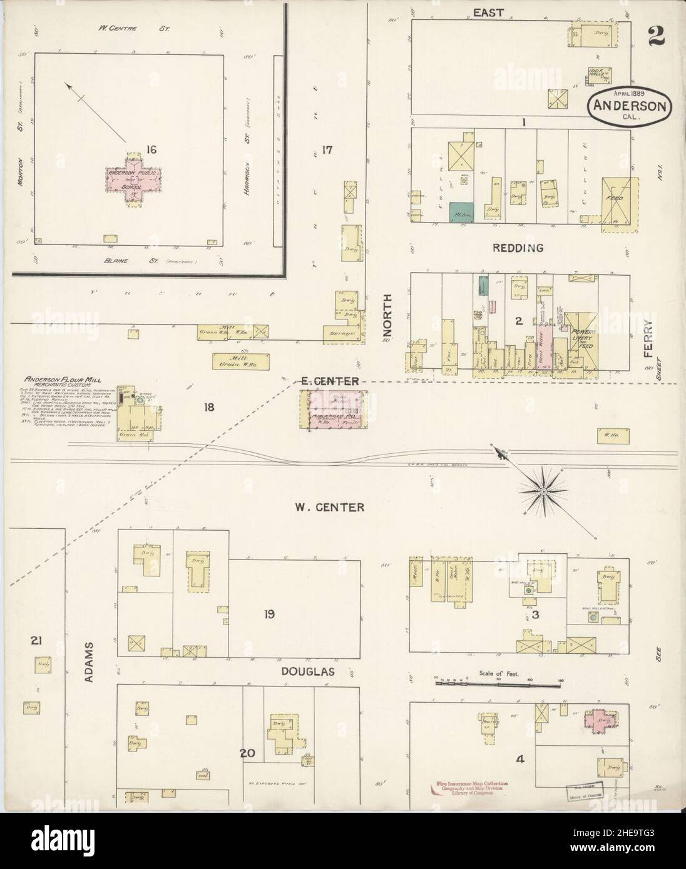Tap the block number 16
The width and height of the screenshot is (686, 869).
click(150, 149)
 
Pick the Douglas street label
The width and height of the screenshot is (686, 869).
click(307, 672)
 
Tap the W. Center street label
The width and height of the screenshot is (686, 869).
click(330, 508)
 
